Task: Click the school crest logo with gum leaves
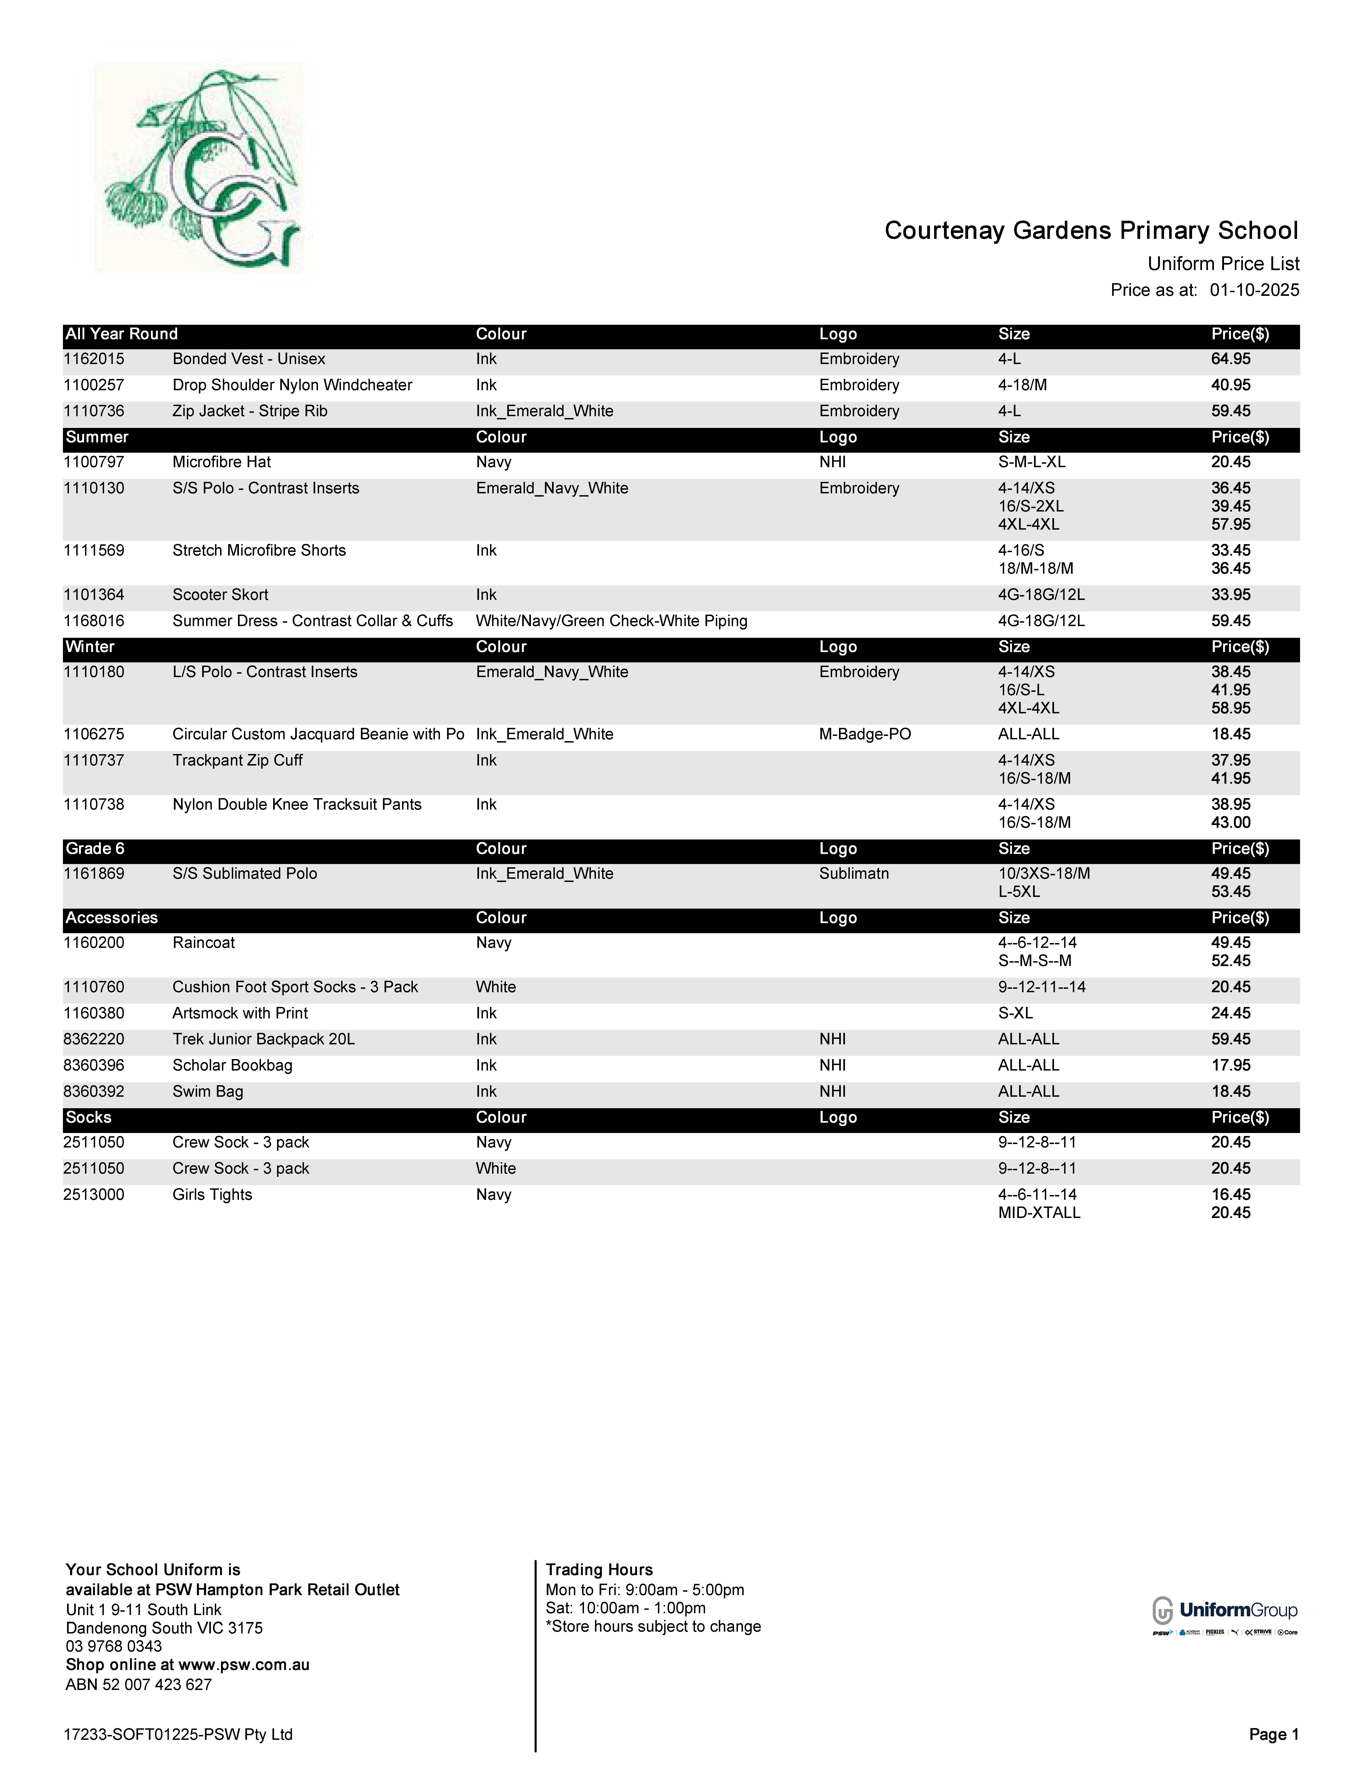point(199,168)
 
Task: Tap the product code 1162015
point(94,359)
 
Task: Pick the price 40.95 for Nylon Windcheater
point(1230,385)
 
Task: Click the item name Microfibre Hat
point(222,462)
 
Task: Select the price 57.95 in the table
point(1230,524)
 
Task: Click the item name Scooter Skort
point(220,594)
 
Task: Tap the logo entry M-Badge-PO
point(865,734)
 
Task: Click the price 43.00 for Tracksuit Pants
point(1230,822)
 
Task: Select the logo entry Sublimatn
point(853,873)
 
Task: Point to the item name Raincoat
point(204,943)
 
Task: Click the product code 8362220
point(94,1039)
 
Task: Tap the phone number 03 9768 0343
point(114,1646)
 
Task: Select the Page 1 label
point(1273,1734)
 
